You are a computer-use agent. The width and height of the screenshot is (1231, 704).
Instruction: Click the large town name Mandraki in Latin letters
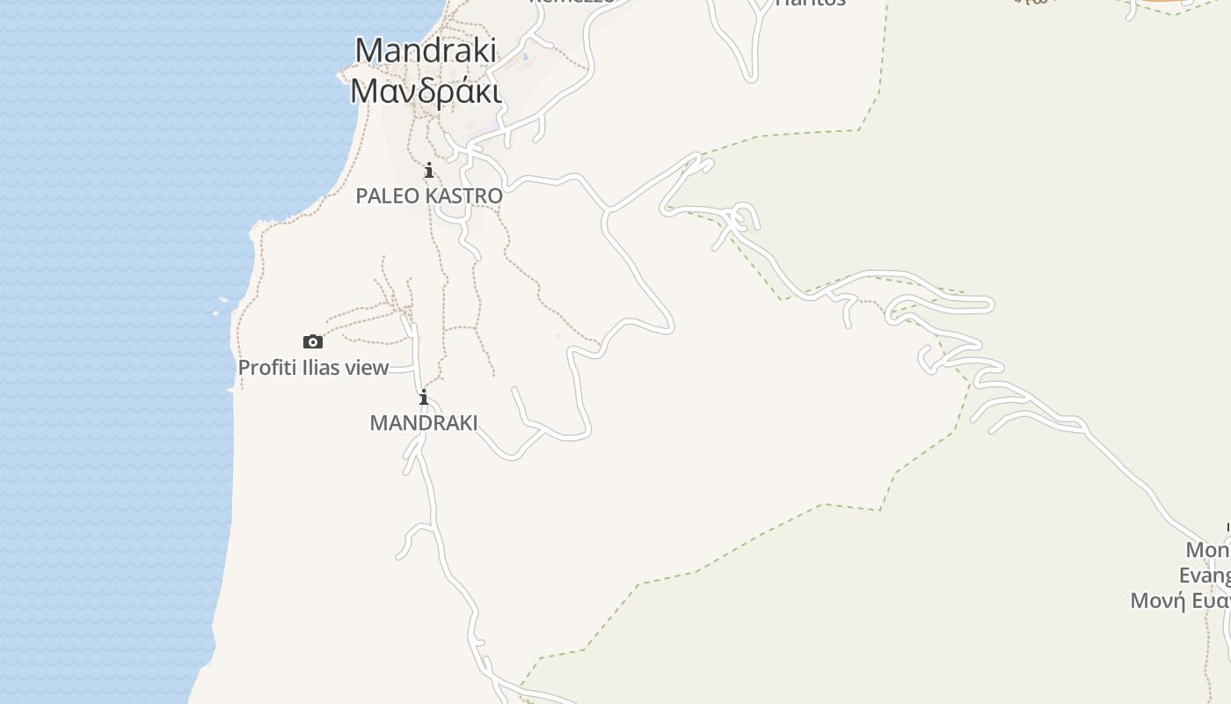coord(426,50)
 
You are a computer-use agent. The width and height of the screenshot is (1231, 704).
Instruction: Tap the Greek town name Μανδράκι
coord(426,91)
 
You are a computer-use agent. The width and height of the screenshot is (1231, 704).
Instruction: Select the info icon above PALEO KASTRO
coord(429,170)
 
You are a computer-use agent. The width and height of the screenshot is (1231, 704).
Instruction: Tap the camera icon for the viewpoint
coord(312,341)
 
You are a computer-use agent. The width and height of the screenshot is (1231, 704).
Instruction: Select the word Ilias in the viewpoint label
coord(322,368)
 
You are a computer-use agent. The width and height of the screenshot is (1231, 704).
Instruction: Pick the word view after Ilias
coord(368,368)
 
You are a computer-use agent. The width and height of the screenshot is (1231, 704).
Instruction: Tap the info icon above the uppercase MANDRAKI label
coord(424,398)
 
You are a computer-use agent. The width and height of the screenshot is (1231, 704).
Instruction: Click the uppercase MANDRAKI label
coord(424,423)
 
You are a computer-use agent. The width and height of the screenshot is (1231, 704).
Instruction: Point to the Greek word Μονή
coord(1154,601)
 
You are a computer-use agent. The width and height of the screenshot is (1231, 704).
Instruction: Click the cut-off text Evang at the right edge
coord(1205,576)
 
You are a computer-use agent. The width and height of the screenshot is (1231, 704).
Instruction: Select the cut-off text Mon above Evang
coord(1208,550)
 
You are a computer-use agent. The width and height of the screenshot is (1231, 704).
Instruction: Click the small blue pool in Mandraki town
coord(526,57)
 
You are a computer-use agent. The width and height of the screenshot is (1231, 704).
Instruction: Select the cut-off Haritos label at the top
coord(810,3)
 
